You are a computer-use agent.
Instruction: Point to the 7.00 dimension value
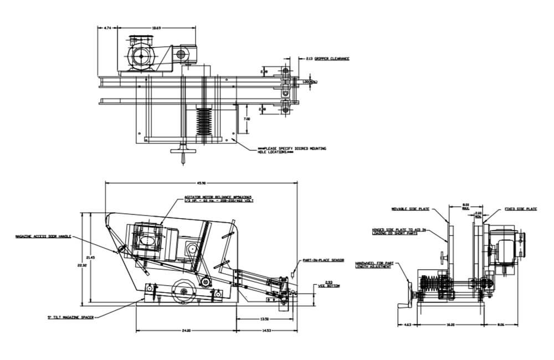click(247, 119)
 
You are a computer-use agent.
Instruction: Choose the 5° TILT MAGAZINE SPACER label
click(70, 317)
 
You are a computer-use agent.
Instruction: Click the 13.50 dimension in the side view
click(264, 319)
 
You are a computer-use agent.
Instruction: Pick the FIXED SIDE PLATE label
click(521, 209)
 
